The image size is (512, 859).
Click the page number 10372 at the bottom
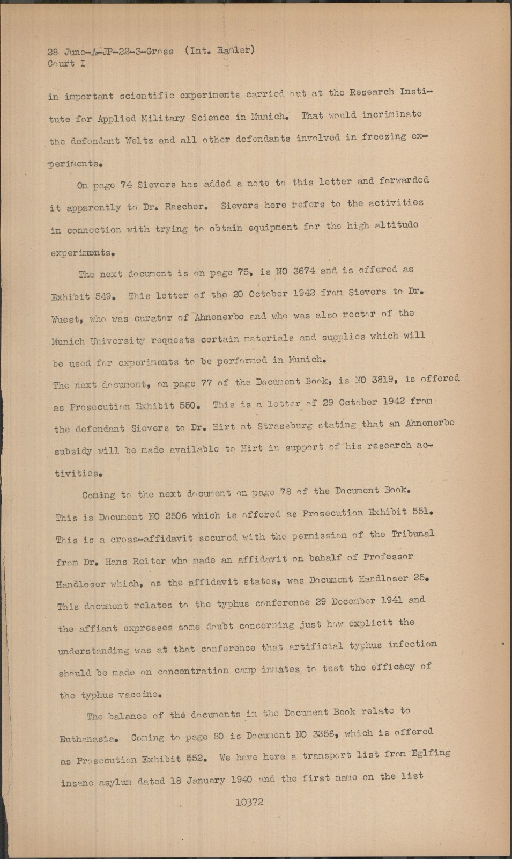(249, 802)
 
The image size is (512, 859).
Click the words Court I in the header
(66, 63)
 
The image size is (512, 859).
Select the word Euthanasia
(87, 739)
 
